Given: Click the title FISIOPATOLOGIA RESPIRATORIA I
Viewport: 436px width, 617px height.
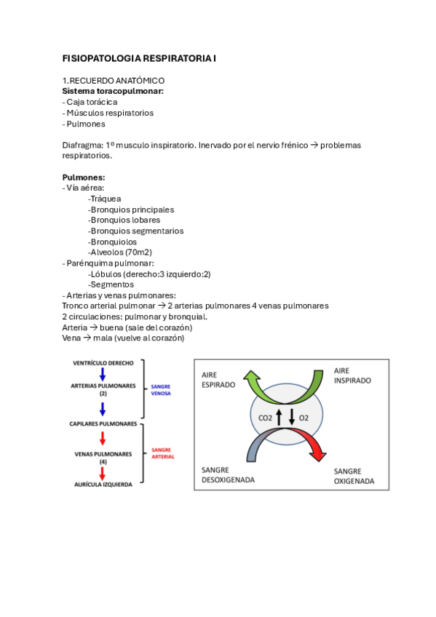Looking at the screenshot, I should click(x=139, y=57).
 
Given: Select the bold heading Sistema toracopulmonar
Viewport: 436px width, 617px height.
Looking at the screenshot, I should click(x=113, y=91).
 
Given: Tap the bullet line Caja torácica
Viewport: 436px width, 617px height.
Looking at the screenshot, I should click(x=90, y=102).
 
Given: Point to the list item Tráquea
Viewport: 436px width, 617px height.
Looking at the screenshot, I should click(x=105, y=199).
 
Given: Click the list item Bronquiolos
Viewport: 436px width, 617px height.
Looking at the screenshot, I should click(x=112, y=242).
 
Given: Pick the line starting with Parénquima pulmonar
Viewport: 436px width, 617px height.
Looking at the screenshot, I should click(x=108, y=263).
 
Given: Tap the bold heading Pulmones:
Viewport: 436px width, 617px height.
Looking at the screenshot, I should click(x=84, y=177).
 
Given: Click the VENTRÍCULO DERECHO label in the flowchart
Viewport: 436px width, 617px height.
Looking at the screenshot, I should click(x=103, y=362).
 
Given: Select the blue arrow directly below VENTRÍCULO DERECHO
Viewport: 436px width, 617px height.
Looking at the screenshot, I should click(x=103, y=374).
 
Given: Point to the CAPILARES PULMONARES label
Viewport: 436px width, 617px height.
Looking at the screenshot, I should click(x=103, y=423).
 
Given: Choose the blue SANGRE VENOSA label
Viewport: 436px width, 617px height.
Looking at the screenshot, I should click(x=161, y=391).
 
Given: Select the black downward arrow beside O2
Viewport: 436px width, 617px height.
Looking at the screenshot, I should click(x=292, y=418).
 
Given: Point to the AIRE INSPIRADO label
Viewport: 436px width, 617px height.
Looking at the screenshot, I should click(x=352, y=375).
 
